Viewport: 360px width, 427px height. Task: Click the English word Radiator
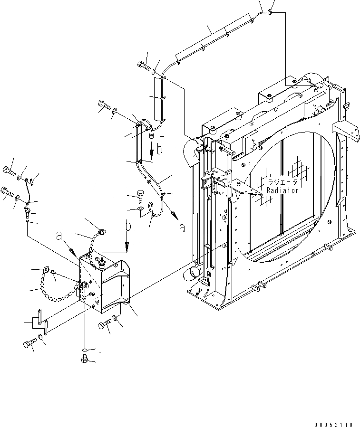click(282, 190)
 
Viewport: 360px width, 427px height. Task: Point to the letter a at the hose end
click(182, 228)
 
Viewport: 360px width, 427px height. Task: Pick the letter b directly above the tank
click(127, 227)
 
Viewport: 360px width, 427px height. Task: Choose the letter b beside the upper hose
click(160, 150)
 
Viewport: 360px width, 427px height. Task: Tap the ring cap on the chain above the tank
click(100, 232)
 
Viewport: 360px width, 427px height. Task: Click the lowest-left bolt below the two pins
click(29, 343)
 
